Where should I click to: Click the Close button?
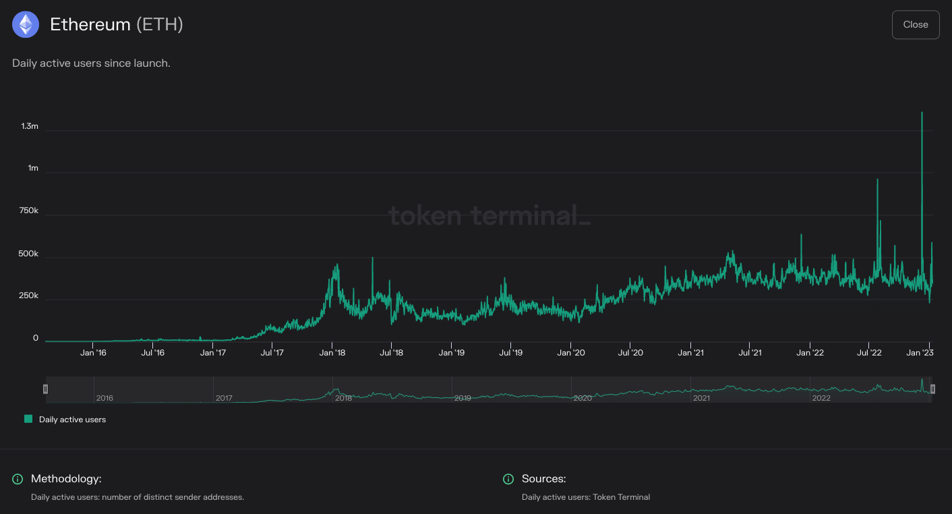[915, 25]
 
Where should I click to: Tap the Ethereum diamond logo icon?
[26, 25]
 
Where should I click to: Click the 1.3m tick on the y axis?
[30, 126]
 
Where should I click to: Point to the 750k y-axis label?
[28, 211]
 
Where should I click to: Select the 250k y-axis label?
[28, 296]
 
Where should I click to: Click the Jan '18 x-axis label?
[332, 352]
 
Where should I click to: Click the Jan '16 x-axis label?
[93, 352]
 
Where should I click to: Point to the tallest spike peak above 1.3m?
[922, 113]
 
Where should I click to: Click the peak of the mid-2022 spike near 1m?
[877, 179]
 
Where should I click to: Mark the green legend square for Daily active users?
[28, 419]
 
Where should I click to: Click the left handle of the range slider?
[45, 389]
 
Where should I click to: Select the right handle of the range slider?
[932, 389]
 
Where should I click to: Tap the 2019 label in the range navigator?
[463, 398]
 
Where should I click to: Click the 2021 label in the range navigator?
[701, 398]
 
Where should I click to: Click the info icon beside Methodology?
[18, 479]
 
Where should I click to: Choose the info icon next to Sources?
[508, 479]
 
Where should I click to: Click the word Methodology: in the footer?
[66, 479]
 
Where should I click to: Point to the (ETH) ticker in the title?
[160, 25]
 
